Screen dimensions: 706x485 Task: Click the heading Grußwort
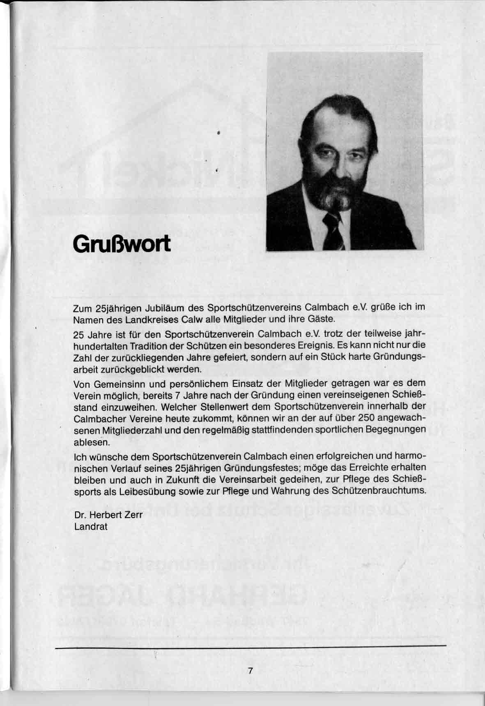(x=121, y=245)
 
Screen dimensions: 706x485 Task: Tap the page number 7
(x=250, y=671)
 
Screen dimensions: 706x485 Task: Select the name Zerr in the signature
(x=133, y=515)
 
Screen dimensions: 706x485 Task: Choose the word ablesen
(x=86, y=442)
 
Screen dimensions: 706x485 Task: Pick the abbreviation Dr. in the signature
(x=80, y=515)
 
